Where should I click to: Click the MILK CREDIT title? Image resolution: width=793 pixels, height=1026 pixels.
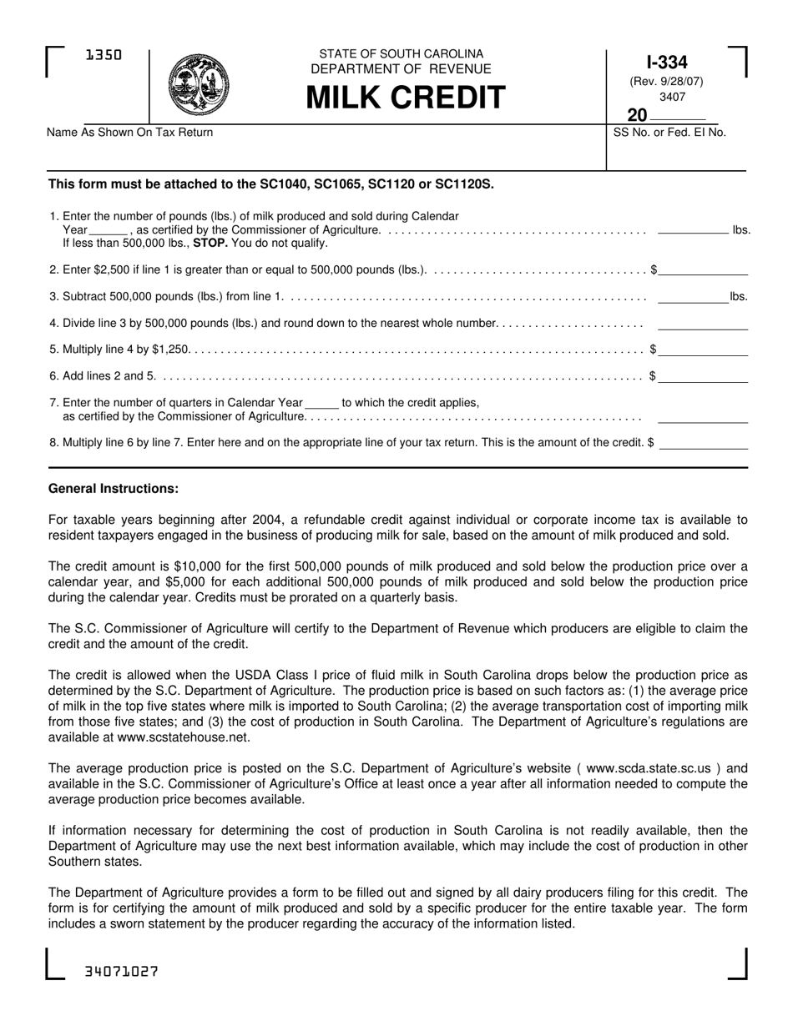tap(405, 98)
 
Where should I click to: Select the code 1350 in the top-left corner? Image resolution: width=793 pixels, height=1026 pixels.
tap(104, 56)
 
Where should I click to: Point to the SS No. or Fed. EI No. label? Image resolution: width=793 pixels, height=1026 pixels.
tap(669, 132)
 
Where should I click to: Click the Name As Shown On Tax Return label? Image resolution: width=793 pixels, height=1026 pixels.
tap(130, 132)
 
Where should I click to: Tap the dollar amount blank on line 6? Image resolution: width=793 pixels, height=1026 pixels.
tap(703, 377)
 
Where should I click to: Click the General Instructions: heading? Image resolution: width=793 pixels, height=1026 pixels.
tap(114, 488)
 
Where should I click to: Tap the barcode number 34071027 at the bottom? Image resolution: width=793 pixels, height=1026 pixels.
tap(122, 973)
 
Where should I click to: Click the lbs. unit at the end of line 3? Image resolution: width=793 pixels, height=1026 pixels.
tap(739, 295)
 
